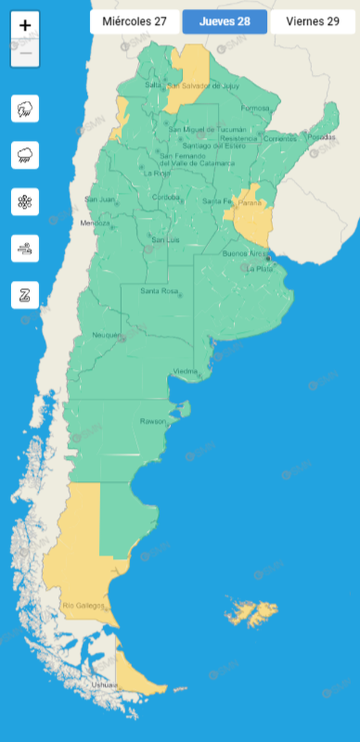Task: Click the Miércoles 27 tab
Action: [135, 22]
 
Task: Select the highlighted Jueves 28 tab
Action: [224, 22]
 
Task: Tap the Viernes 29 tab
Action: [313, 22]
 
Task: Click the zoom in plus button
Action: [25, 25]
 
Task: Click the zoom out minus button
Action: [25, 54]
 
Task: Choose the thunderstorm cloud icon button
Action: [25, 109]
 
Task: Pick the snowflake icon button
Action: [25, 202]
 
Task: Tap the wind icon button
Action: [25, 248]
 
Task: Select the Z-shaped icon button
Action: [25, 295]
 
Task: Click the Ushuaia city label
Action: [104, 685]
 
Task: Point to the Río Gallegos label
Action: [83, 605]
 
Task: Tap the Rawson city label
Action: [153, 421]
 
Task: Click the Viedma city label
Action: [185, 371]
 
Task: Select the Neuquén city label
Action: [106, 335]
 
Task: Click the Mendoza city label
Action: [95, 223]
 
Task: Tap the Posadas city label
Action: [320, 137]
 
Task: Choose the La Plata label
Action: [259, 269]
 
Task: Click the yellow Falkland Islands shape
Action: [252, 612]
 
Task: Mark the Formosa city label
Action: [254, 108]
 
